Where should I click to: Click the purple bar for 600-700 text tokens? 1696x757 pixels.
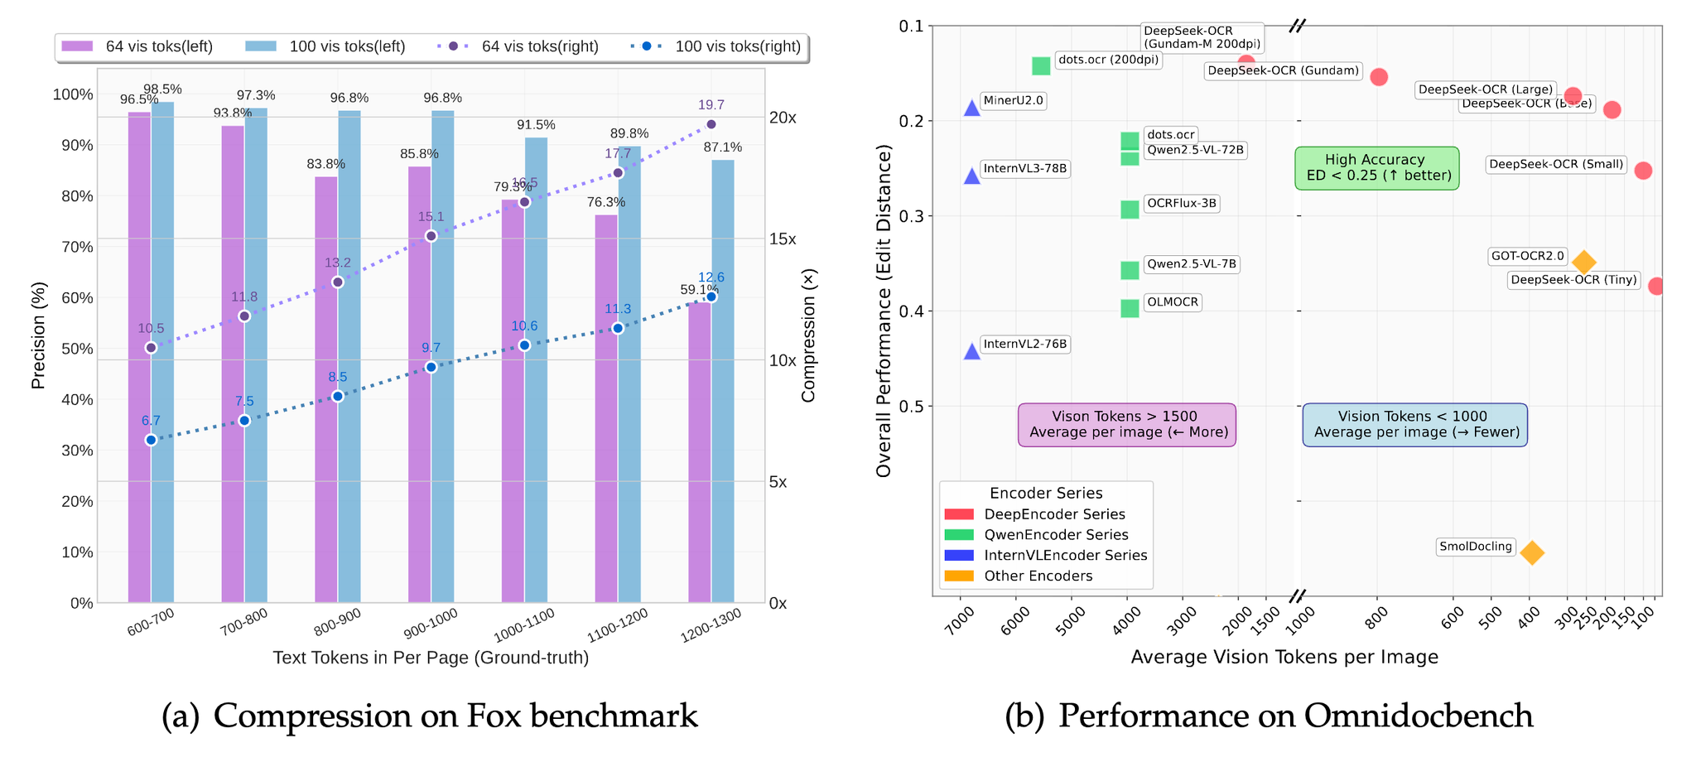pyautogui.click(x=139, y=356)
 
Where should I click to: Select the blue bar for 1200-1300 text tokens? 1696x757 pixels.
pyautogui.click(x=723, y=381)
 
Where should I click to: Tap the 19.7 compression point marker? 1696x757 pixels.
pyautogui.click(x=711, y=124)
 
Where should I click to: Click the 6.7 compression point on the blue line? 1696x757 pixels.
pyautogui.click(x=151, y=440)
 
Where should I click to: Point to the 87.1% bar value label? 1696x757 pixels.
pyautogui.click(x=722, y=147)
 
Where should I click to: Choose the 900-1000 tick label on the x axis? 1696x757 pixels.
pyautogui.click(x=431, y=624)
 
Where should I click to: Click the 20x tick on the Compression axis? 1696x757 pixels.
pyautogui.click(x=783, y=118)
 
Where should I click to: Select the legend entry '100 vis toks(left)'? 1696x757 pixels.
pyautogui.click(x=325, y=46)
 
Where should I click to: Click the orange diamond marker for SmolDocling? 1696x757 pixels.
pyautogui.click(x=1532, y=552)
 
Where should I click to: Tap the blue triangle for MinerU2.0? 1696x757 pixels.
pyautogui.click(x=972, y=107)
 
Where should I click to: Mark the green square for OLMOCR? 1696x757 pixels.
pyautogui.click(x=1130, y=308)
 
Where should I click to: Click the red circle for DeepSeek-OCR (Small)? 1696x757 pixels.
pyautogui.click(x=1643, y=171)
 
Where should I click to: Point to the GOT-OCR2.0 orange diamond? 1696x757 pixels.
pyautogui.click(x=1583, y=263)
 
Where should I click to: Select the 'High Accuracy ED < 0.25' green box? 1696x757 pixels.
pyautogui.click(x=1377, y=167)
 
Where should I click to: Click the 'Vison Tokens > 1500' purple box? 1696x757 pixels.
pyautogui.click(x=1126, y=424)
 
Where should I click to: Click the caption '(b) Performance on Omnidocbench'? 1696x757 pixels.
pyautogui.click(x=1269, y=716)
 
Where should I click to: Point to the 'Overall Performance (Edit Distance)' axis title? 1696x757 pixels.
pyautogui.click(x=884, y=311)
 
